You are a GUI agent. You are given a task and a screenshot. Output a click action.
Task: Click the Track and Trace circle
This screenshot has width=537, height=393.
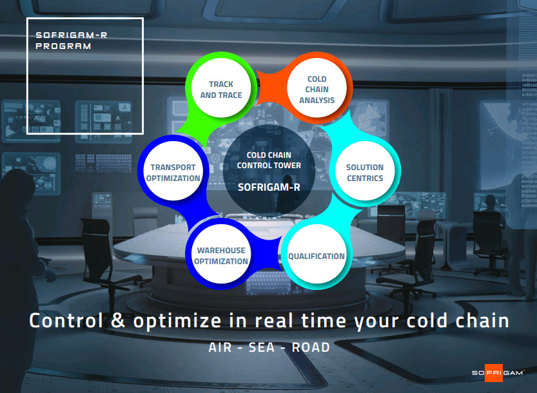[221, 88]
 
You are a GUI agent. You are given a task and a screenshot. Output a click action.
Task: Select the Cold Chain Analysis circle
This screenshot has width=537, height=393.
[317, 88]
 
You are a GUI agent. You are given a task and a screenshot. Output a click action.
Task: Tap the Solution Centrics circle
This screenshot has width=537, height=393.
[365, 171]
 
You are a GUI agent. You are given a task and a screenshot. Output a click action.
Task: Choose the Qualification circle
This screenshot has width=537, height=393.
[316, 254]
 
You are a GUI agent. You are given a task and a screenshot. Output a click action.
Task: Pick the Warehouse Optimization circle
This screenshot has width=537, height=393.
[221, 254]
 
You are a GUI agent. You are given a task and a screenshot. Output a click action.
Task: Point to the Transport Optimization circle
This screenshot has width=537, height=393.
[173, 171]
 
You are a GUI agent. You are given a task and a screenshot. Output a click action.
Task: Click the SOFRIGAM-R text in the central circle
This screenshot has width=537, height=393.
[269, 187]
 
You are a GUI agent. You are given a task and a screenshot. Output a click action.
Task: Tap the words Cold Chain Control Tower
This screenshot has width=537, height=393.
[269, 160]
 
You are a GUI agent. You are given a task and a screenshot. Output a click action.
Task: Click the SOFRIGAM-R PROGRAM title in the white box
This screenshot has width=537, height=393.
[71, 41]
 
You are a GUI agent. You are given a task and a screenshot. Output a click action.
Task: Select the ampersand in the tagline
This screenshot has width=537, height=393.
[118, 321]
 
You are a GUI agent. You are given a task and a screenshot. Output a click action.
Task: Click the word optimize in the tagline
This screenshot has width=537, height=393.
[177, 321]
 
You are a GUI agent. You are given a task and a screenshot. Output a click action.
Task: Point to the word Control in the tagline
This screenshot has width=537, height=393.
[66, 321]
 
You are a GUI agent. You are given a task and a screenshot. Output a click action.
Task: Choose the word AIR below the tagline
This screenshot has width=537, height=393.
[220, 347]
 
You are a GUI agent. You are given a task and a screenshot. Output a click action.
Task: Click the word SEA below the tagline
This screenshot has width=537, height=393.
[262, 347]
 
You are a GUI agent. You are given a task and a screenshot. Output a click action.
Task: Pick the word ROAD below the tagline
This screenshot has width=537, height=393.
[311, 347]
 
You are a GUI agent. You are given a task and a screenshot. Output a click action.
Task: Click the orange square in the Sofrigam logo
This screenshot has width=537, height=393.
[494, 373]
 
